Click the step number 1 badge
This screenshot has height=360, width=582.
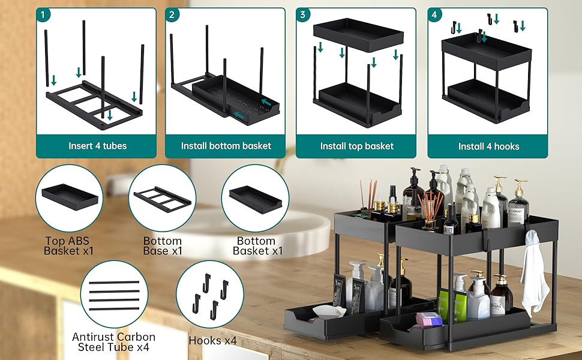tap(43, 14)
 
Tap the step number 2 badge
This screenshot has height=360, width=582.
tap(172, 14)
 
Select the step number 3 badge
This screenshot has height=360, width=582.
tap(302, 14)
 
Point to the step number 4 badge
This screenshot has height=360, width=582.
tap(434, 14)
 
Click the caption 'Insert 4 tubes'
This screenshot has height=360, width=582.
tap(97, 146)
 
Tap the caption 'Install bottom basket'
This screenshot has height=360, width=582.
tap(226, 146)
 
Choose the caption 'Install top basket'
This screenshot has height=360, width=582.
tap(356, 146)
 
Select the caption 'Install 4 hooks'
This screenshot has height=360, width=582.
tap(488, 146)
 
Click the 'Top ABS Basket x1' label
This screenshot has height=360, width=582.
tap(68, 246)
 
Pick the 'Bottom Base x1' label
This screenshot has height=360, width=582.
tap(163, 246)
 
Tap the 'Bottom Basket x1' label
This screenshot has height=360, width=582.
tap(257, 246)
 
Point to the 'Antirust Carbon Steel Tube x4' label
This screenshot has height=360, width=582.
tap(113, 342)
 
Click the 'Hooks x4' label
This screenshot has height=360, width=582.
tap(212, 340)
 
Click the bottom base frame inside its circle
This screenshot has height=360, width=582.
tap(163, 199)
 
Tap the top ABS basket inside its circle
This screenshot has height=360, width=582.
tap(70, 197)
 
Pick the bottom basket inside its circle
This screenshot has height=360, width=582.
tap(256, 200)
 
